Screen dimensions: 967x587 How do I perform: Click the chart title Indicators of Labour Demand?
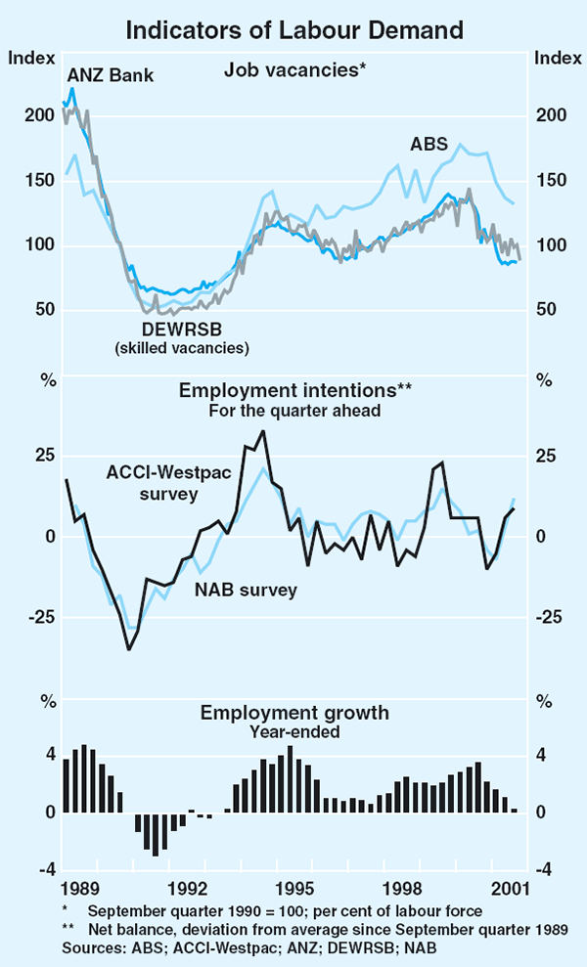click(293, 30)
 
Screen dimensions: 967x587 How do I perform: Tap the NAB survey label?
click(247, 590)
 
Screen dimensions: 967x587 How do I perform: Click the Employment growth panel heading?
click(294, 712)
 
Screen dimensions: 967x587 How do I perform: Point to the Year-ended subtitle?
click(294, 729)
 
